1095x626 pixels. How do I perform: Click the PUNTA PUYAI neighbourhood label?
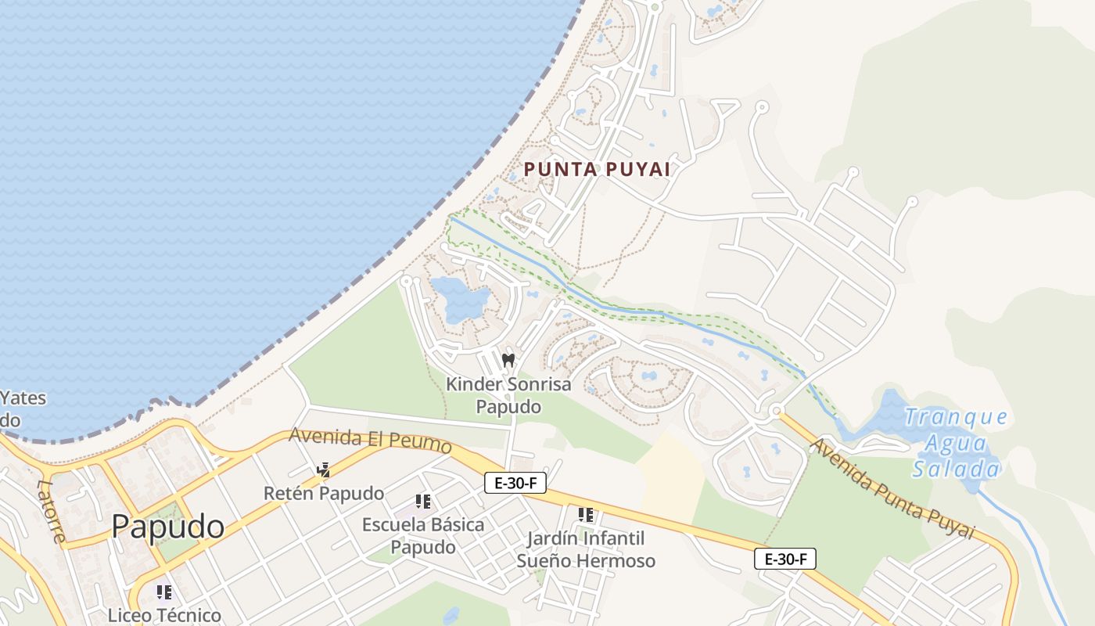[597, 169]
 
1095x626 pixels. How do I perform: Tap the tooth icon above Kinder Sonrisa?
[508, 360]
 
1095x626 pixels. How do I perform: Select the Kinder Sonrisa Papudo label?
[508, 395]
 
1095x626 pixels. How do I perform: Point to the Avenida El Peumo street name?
[371, 440]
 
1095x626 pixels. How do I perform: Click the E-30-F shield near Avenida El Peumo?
[515, 483]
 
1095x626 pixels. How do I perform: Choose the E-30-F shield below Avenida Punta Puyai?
[785, 559]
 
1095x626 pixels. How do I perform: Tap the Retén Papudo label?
[324, 493]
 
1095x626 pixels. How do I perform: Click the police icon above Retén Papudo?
[323, 470]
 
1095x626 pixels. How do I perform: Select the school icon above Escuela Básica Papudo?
[423, 501]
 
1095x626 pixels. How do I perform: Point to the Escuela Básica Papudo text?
[423, 535]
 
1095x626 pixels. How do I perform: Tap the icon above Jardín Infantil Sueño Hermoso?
[586, 515]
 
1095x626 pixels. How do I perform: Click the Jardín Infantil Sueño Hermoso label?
[586, 549]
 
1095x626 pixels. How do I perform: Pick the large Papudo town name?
[167, 527]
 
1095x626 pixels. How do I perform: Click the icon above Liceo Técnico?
[164, 592]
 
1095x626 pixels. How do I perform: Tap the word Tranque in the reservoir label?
[956, 417]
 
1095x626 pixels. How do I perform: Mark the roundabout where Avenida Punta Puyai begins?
[776, 411]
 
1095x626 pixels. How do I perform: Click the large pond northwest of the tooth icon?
[460, 297]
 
